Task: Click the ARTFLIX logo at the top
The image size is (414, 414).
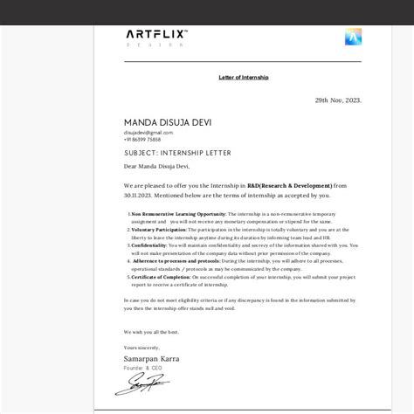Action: (156, 34)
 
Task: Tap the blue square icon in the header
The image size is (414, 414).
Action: (354, 37)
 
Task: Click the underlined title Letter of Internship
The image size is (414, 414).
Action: (244, 78)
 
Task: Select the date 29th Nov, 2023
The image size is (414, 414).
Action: (338, 100)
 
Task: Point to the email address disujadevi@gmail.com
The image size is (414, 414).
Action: (142, 132)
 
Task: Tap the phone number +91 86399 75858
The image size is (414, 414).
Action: (141, 139)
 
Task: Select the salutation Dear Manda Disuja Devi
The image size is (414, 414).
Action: (156, 165)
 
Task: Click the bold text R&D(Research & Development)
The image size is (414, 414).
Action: (290, 185)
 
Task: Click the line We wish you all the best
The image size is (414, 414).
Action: (151, 332)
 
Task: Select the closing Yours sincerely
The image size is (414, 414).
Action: (142, 348)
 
